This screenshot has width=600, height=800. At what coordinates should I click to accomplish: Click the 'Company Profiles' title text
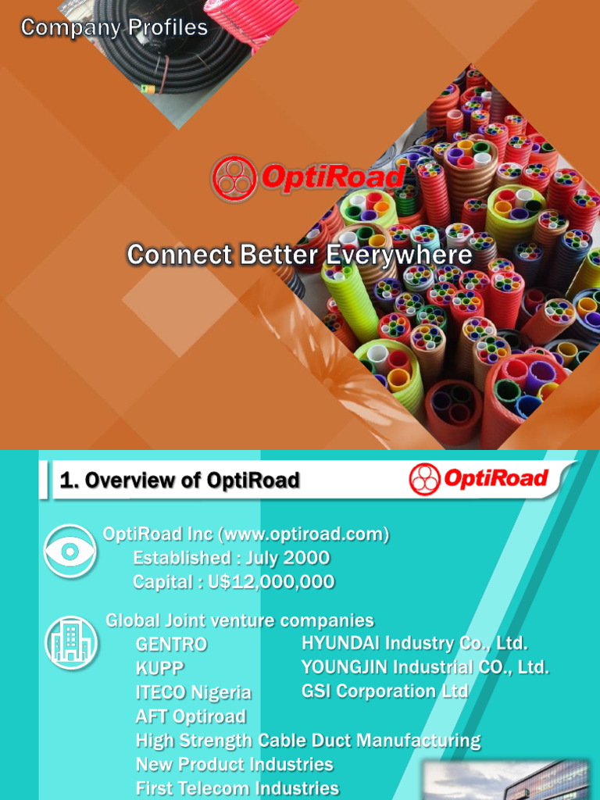(x=114, y=28)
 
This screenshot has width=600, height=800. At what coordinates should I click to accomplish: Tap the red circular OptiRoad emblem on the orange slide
(x=234, y=178)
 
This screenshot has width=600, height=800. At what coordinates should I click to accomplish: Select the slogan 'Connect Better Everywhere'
(x=299, y=255)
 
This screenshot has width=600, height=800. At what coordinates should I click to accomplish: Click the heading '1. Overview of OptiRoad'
(x=180, y=480)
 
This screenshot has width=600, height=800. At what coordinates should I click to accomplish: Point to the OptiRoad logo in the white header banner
(x=479, y=479)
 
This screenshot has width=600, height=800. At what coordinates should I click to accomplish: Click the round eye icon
(x=70, y=552)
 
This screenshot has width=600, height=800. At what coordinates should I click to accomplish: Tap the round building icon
(x=71, y=643)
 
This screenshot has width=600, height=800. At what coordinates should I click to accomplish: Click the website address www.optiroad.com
(x=304, y=534)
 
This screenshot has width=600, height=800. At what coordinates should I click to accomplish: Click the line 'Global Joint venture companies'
(x=240, y=621)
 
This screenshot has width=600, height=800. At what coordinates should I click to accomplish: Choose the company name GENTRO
(x=172, y=645)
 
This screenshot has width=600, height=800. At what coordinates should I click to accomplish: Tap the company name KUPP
(x=160, y=669)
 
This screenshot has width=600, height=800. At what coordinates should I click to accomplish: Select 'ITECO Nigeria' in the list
(x=194, y=693)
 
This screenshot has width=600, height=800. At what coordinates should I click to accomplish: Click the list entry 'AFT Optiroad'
(x=191, y=716)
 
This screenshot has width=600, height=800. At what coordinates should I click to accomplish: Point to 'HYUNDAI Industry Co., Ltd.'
(x=415, y=644)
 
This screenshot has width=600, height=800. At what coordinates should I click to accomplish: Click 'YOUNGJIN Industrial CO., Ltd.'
(x=425, y=667)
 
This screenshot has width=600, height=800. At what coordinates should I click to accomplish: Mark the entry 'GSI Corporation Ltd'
(x=385, y=691)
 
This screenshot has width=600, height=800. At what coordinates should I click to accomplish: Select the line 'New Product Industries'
(x=234, y=764)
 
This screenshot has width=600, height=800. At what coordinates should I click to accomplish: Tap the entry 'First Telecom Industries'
(x=237, y=788)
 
